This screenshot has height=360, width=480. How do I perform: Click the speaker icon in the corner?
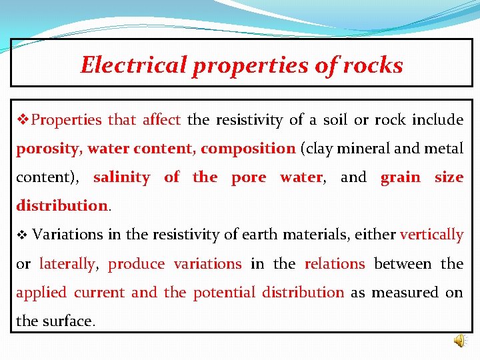click(x=460, y=341)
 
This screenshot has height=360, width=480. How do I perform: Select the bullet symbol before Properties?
click(x=23, y=120)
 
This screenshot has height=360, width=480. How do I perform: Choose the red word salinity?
click(x=121, y=177)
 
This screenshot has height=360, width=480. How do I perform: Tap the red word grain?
click(x=400, y=177)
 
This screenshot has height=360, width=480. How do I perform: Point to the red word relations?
click(x=334, y=263)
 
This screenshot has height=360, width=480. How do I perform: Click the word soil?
click(x=335, y=120)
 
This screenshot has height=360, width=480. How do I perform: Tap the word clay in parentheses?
click(x=321, y=149)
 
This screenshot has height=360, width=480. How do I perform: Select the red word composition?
click(x=247, y=149)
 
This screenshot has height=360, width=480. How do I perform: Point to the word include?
click(x=437, y=120)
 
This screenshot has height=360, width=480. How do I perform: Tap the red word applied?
click(x=41, y=293)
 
